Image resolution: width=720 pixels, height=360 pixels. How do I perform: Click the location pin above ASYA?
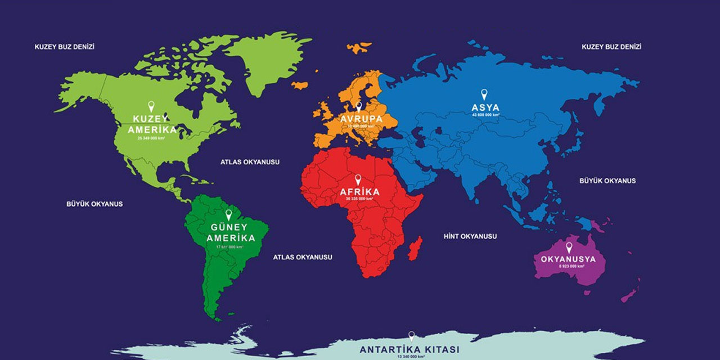point(483,94)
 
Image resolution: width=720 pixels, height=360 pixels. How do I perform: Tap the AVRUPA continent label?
point(361,119)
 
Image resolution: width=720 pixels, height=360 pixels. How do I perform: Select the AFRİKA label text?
point(359,191)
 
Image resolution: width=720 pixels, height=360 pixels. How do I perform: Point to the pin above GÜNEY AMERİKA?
point(228,214)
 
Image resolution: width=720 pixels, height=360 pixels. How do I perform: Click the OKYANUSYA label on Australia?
point(568,259)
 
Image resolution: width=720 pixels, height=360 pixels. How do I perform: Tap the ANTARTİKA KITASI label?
point(409,349)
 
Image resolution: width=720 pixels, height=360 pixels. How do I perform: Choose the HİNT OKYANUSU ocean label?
point(470,236)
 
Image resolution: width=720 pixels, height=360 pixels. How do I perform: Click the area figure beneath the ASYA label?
point(485,114)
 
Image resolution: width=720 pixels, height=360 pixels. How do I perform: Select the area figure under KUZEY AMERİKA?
point(151,137)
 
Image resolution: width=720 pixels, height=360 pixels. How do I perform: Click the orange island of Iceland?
point(300,85)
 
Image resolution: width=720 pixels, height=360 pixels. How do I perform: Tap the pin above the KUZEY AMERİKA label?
point(151,106)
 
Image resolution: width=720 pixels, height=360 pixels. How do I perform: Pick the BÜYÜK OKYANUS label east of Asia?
point(607,181)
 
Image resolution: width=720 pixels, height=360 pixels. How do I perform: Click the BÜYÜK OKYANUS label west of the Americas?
point(94,204)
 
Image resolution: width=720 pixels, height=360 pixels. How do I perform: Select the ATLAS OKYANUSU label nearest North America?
point(250,162)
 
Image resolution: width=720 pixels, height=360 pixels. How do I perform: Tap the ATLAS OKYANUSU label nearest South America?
point(303,256)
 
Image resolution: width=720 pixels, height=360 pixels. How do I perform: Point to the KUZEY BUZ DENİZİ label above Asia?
point(611,47)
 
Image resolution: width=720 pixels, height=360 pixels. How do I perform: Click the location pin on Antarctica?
point(411,336)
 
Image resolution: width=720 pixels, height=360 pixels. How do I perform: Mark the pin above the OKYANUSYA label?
point(569,247)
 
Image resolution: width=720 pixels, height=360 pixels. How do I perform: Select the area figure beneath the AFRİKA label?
point(359,199)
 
